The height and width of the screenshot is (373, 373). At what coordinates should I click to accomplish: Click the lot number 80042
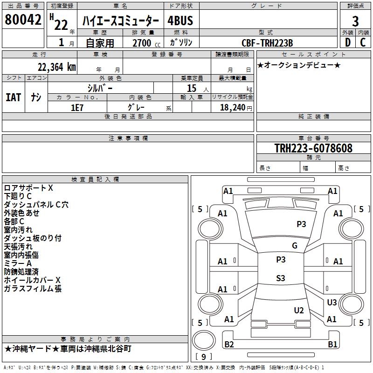(23, 20)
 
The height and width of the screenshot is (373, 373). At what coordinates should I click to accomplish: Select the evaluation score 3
(355, 21)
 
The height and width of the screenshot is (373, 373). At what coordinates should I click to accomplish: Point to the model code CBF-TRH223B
(268, 43)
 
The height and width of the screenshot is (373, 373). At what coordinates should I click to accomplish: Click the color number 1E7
(77, 107)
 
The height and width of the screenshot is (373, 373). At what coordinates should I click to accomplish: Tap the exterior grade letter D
(347, 42)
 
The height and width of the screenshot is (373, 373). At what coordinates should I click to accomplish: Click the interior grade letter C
(363, 42)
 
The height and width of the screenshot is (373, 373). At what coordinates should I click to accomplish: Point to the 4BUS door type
(180, 21)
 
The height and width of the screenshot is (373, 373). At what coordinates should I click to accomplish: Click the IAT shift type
(13, 97)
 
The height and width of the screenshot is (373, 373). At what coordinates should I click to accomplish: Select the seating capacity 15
(191, 88)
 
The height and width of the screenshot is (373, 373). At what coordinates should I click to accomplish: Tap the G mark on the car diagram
(294, 246)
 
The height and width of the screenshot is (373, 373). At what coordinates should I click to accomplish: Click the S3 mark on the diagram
(280, 278)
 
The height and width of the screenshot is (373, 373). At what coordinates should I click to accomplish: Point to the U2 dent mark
(299, 310)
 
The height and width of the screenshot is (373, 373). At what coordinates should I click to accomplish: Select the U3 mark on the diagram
(332, 303)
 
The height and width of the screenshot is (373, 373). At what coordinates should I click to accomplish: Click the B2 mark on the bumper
(229, 345)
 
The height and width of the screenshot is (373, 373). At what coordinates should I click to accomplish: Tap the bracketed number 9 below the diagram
(203, 357)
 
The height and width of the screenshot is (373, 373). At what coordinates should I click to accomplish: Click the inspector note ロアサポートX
(28, 188)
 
